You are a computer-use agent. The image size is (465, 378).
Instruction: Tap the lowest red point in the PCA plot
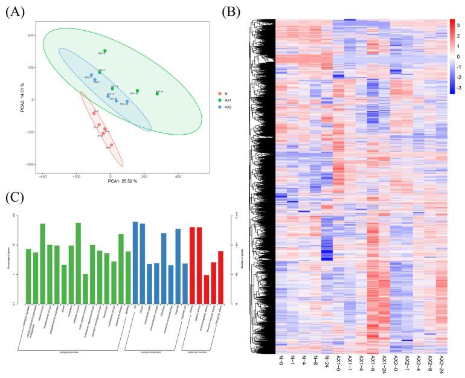[x=112, y=145]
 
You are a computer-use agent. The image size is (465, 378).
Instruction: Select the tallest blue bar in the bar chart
[x=135, y=263]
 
